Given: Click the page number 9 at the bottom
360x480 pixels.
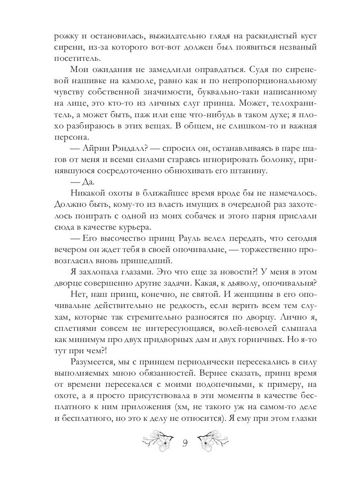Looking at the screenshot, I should (185, 443).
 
